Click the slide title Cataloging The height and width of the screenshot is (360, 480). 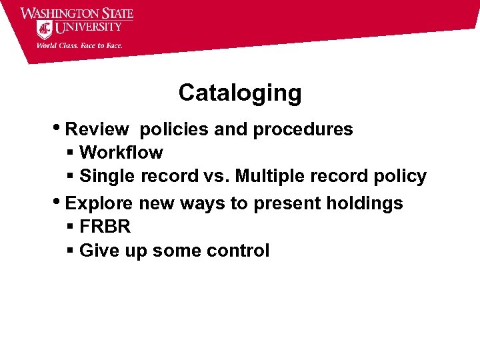point(240,93)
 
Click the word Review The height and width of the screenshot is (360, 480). point(99,129)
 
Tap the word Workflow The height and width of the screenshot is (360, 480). point(121,153)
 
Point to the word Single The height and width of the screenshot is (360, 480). point(107,177)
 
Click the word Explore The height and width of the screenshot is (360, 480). point(100,203)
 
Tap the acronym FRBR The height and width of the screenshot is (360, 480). point(105,227)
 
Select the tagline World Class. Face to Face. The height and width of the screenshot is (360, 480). point(79,45)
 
